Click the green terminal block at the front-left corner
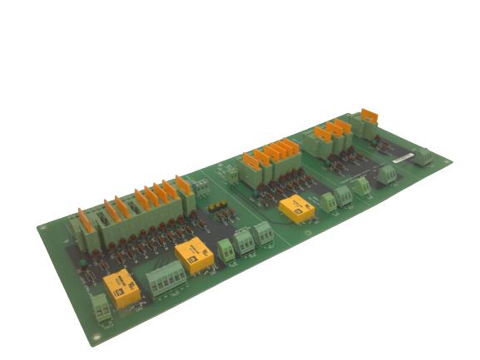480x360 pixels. pyautogui.click(x=100, y=307)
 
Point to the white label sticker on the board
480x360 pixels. pyautogui.click(x=402, y=155)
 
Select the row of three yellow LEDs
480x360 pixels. pyautogui.click(x=219, y=205)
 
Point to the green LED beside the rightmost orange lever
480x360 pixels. pyautogui.click(x=374, y=133)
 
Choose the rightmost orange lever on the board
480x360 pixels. pyautogui.click(x=369, y=114)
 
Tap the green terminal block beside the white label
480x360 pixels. pyautogui.click(x=423, y=155)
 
